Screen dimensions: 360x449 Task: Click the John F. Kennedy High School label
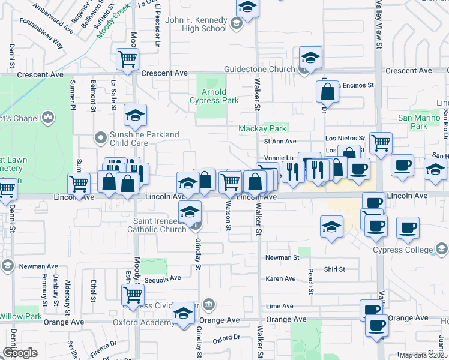pyautogui.click(x=196, y=24)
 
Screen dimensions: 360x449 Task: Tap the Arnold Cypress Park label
pyautogui.click(x=214, y=96)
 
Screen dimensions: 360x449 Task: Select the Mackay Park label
pyautogui.click(x=262, y=128)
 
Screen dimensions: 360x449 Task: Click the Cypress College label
pyautogui.click(x=402, y=250)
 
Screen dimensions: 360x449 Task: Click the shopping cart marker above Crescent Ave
pyautogui.click(x=128, y=59)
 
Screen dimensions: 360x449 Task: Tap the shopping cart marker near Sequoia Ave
pyautogui.click(x=133, y=294)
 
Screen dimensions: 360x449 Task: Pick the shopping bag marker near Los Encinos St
pyautogui.click(x=328, y=92)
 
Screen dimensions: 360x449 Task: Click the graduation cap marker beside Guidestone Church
pyautogui.click(x=310, y=58)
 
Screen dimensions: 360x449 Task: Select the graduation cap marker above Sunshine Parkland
pyautogui.click(x=136, y=115)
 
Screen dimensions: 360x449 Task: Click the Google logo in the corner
pyautogui.click(x=20, y=353)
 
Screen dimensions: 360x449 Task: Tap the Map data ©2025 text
pyautogui.click(x=424, y=355)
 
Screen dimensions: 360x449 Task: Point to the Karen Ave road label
pyautogui.click(x=281, y=278)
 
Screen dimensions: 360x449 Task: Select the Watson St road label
pyautogui.click(x=228, y=215)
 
